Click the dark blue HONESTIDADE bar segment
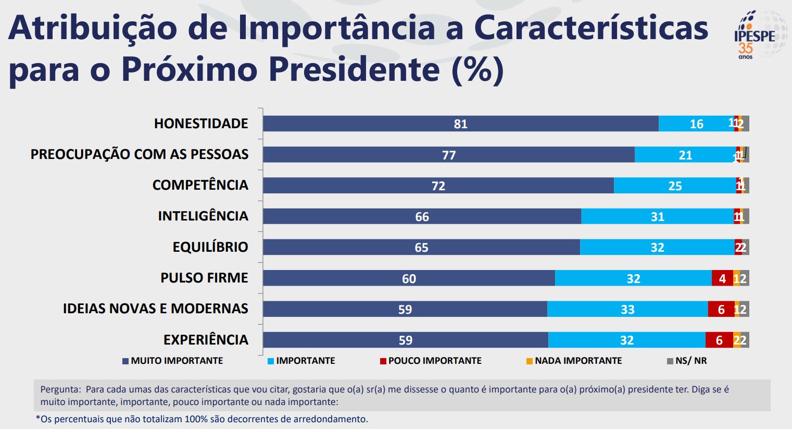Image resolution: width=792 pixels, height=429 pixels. (460, 124)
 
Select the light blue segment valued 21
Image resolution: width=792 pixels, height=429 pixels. (685, 155)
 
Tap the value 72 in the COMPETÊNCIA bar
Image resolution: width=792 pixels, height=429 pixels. (438, 186)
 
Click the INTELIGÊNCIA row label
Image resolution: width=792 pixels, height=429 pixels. (203, 216)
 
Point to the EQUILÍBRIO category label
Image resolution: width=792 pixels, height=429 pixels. (210, 247)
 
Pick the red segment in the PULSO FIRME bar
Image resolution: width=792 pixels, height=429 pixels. (722, 278)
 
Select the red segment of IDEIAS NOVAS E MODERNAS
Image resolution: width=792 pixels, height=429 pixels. (721, 309)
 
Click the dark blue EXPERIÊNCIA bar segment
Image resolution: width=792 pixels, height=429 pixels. (405, 340)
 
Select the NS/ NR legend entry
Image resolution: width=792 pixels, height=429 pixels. (687, 361)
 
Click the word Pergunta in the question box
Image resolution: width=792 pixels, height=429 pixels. (60, 389)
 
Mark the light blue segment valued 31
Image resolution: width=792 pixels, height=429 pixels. (657, 216)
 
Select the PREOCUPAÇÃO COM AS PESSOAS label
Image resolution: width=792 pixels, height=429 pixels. (140, 154)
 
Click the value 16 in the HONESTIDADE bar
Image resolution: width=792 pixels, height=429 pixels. (696, 124)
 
